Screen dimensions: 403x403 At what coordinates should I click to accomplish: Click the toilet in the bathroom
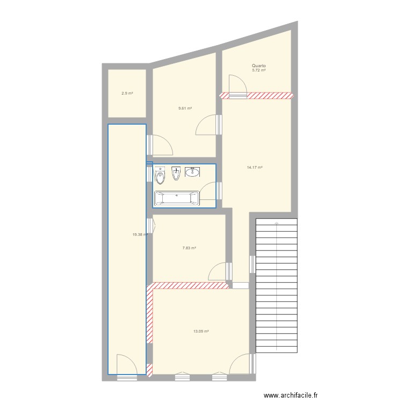click(159, 176)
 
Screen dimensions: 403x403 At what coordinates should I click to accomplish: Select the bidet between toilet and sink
click(176, 174)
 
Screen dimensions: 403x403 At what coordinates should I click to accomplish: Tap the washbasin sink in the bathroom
click(192, 172)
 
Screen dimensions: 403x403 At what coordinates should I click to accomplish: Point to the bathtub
click(177, 199)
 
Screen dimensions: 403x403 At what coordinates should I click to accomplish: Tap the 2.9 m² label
click(127, 93)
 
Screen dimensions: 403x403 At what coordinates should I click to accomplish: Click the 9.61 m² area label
click(185, 109)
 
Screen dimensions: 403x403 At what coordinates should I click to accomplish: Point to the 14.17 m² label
click(255, 168)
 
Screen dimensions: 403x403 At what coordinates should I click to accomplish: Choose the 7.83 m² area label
click(189, 248)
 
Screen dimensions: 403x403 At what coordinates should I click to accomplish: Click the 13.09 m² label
click(201, 331)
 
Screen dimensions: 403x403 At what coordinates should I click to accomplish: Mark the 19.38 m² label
click(140, 234)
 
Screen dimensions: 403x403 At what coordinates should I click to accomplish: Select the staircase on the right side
click(276, 285)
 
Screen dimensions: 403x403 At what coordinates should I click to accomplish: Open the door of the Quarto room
click(236, 86)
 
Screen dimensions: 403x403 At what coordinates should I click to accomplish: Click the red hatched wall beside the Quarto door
click(271, 96)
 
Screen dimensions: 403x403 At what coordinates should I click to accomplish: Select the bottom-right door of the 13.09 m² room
click(240, 364)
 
